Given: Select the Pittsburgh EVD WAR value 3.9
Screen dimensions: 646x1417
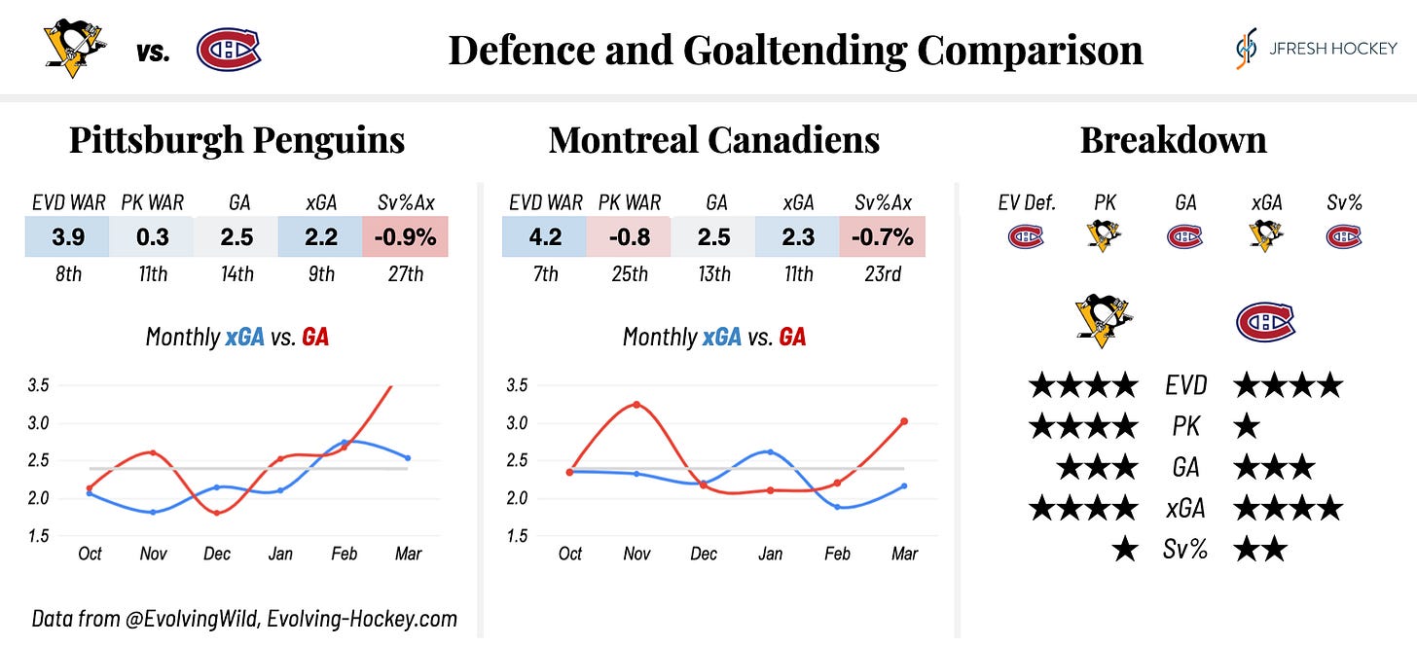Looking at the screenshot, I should click(67, 236).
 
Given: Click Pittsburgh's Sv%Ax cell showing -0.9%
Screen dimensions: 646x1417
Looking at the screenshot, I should click(405, 236).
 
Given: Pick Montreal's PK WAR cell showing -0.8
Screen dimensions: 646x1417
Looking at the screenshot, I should click(629, 236).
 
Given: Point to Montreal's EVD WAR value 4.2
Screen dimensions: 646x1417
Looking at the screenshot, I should click(544, 236).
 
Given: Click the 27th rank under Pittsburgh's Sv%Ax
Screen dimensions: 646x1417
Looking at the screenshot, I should click(405, 274).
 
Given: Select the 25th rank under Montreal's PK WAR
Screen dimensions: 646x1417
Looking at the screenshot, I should click(629, 274).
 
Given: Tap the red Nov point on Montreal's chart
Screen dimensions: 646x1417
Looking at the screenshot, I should click(636, 404).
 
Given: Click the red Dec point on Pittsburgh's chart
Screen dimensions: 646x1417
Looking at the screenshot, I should click(217, 513).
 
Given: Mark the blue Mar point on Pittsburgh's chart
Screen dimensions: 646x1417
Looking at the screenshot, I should click(408, 457).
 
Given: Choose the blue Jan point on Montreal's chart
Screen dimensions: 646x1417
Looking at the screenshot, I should click(770, 451).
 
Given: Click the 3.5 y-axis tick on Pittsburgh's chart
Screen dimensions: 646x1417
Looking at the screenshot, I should click(39, 385).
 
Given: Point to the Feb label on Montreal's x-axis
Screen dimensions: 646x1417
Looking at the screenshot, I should click(837, 554).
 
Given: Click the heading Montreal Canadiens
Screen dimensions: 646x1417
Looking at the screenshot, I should click(713, 140).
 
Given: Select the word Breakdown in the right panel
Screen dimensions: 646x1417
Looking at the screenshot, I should click(1173, 140).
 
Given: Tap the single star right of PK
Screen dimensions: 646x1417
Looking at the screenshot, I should click(1247, 426).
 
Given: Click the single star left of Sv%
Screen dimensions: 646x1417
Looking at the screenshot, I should click(1124, 551).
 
